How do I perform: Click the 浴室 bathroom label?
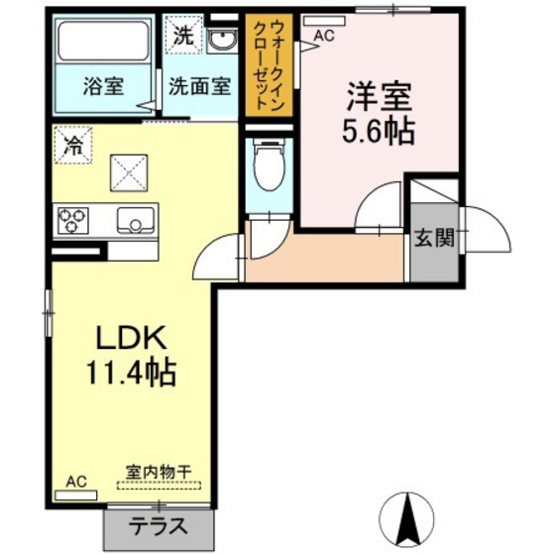(102, 85)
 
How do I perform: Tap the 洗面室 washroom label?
(198, 85)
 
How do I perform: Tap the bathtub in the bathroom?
(103, 43)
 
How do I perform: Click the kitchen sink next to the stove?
(136, 220)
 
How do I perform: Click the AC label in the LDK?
(76, 482)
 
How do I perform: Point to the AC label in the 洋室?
(324, 36)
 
